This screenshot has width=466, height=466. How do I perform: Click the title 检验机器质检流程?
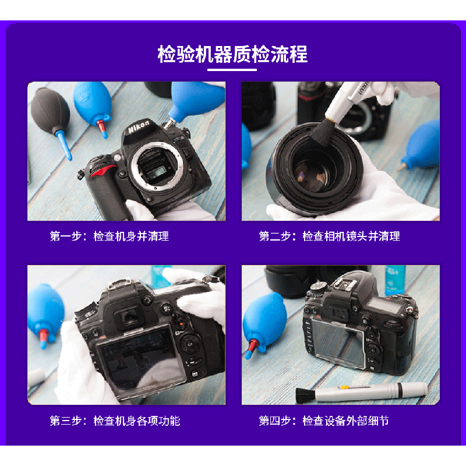coord(232,54)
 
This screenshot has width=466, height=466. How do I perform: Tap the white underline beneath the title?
coord(232,70)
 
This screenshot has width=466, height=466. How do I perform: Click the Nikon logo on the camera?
coord(139,126)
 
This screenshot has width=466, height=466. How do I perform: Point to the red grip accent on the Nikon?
coord(102,171)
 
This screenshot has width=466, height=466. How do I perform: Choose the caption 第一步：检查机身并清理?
coord(109,236)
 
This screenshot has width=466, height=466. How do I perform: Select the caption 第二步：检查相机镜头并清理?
coord(329,236)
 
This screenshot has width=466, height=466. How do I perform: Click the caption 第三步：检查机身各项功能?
coord(115,421)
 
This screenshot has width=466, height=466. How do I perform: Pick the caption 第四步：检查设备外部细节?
coord(324,421)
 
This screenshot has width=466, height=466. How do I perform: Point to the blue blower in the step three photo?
coord(45,315)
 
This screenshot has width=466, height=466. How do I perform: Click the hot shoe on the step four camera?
coord(345,285)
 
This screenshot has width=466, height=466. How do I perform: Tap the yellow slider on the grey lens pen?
coord(345,387)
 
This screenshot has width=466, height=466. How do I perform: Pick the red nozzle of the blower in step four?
coord(253,345)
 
